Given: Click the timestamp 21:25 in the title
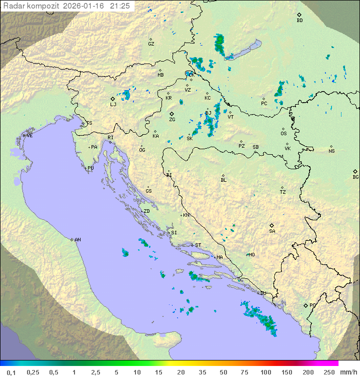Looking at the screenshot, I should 120,6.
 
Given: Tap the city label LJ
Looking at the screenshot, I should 113,105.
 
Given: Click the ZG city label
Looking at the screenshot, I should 172,120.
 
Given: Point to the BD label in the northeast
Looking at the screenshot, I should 299,21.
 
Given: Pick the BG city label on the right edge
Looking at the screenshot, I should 355,177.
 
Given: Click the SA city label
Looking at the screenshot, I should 272,231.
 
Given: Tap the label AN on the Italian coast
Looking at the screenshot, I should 77,240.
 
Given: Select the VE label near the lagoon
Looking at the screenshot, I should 29,136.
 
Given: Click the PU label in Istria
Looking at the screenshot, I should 90,169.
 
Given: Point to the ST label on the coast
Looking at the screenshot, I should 198,245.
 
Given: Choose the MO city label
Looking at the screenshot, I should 251,255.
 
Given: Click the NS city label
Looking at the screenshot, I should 331,151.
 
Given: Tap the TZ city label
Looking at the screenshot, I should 283,192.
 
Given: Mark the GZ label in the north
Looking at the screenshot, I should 151,44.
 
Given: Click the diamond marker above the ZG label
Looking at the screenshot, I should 171,114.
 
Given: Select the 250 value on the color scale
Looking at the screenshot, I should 329,372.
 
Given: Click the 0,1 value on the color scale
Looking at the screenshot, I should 11,372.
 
